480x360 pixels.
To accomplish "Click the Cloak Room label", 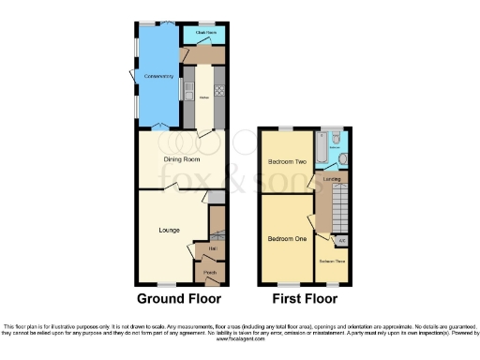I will point(205,33).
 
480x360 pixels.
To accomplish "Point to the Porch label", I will point(210,274).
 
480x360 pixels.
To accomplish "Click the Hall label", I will point(201,248).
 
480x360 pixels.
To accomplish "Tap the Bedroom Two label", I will point(287,161).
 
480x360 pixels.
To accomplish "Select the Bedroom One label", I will point(287,238).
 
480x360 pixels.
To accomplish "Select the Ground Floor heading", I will point(180,299).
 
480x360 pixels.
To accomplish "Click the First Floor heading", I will point(305,299).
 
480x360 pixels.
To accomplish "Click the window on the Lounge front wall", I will point(165,285).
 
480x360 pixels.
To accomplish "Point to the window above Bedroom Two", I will point(286,127).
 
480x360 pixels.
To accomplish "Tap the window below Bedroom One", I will point(288,285).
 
